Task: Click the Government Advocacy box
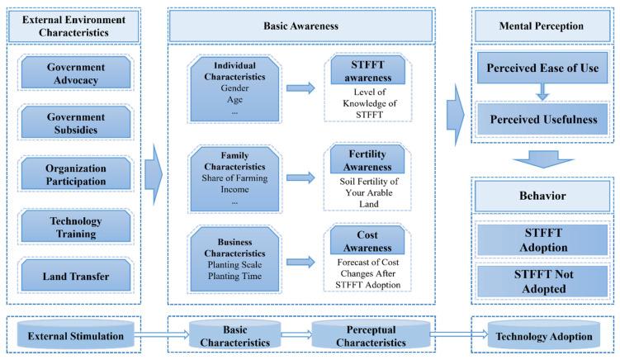click(75, 73)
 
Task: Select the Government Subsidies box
click(75, 123)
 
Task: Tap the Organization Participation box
click(75, 174)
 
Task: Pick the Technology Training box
click(75, 226)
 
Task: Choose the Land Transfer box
click(75, 276)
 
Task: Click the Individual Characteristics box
click(234, 89)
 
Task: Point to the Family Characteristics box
click(234, 179)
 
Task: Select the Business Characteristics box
click(234, 259)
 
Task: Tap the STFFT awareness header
click(367, 70)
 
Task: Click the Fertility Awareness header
click(367, 159)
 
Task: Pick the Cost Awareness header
click(367, 240)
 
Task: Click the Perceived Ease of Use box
click(542, 68)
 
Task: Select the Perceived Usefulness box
click(543, 119)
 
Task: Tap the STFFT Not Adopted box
click(543, 282)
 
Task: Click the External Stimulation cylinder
click(75, 335)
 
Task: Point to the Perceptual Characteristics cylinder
click(371, 335)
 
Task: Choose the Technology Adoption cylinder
click(544, 335)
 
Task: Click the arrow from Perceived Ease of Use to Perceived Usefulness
click(542, 92)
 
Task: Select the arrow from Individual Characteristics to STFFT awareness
click(301, 88)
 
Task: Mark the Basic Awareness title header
click(301, 26)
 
